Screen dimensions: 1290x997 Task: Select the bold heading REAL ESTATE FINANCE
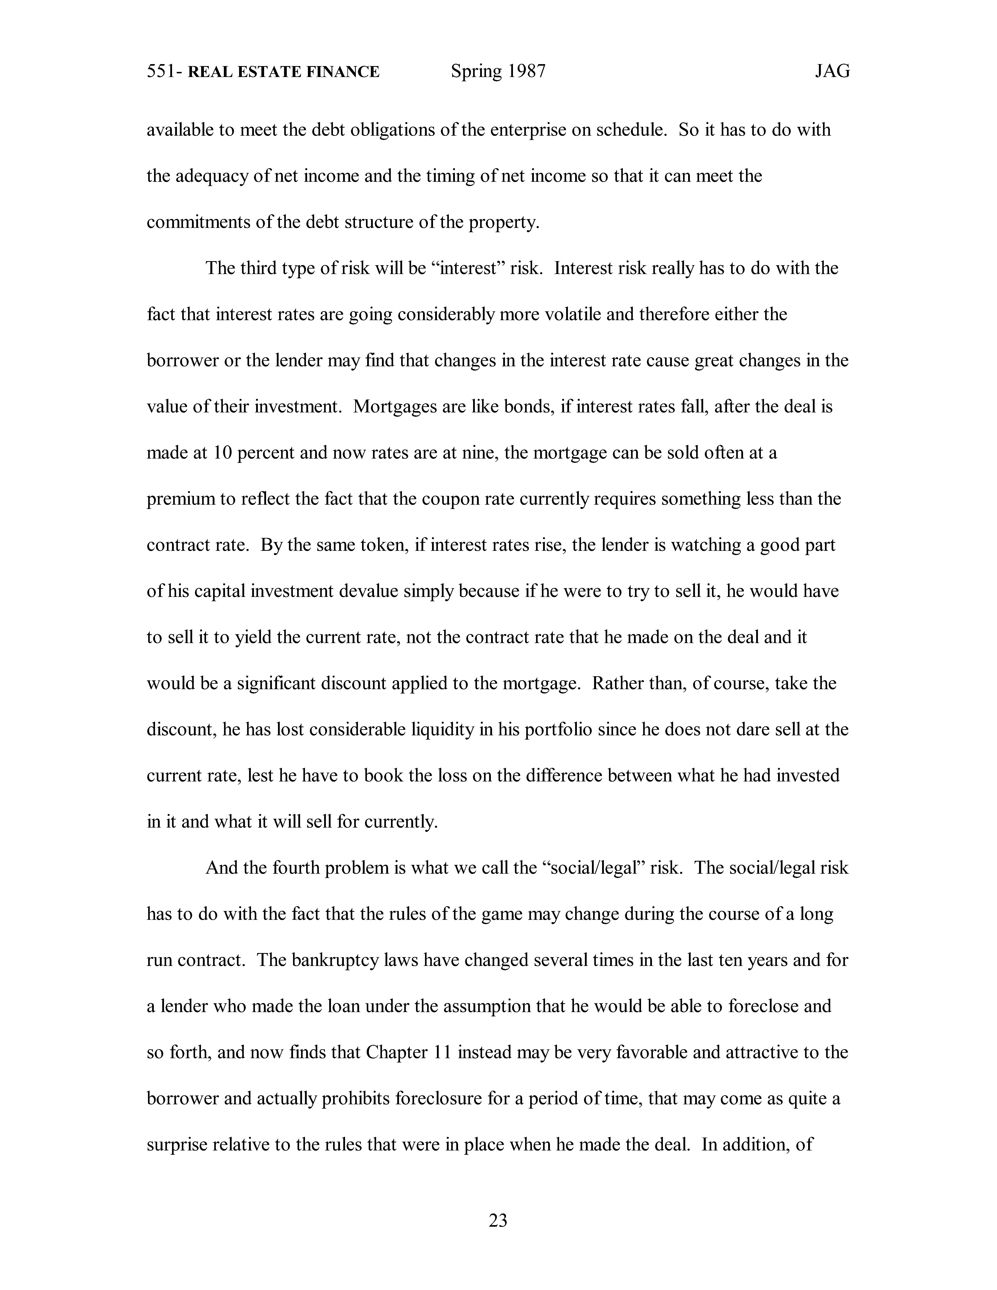point(283,72)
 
